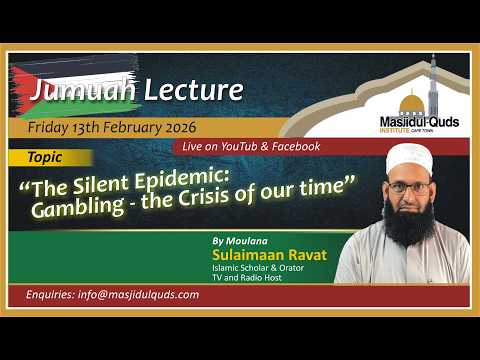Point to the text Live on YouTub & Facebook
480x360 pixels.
point(251,146)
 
